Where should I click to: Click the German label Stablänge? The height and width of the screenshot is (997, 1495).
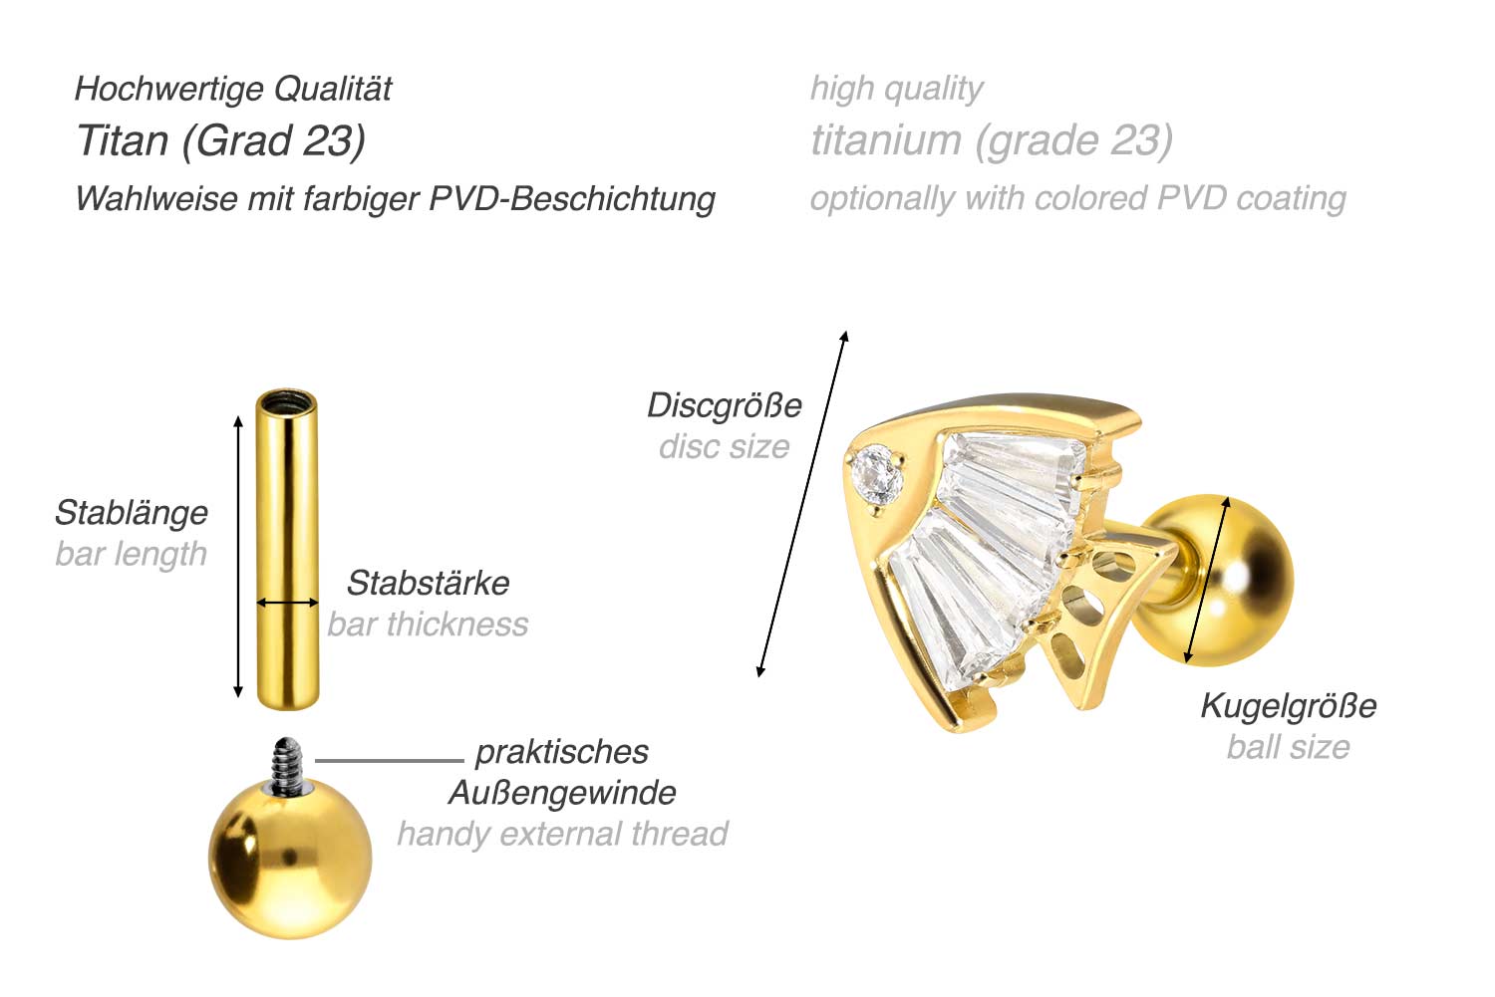(131, 513)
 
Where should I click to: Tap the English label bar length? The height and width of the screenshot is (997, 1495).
(131, 554)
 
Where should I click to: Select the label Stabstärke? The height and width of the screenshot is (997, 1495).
(428, 583)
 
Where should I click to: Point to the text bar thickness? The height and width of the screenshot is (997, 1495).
(428, 624)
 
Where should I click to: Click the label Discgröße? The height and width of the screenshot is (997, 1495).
(724, 405)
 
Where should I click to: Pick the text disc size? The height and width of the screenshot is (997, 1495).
(724, 447)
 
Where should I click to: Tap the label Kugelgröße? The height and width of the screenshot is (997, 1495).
(1288, 705)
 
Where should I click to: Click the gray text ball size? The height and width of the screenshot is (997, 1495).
(1288, 747)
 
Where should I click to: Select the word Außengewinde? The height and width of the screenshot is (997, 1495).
(561, 793)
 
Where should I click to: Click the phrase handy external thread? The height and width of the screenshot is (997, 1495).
(561, 834)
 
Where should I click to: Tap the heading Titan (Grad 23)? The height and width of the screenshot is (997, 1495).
(220, 140)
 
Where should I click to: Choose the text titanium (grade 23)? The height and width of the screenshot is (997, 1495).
(991, 140)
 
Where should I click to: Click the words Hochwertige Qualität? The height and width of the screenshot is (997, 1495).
(233, 89)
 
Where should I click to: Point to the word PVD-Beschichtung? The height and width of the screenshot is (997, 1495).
(572, 198)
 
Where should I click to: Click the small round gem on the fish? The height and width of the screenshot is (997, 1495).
(877, 473)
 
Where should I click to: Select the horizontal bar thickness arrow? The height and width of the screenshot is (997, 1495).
(287, 603)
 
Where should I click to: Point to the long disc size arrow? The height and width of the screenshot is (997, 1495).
(801, 504)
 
